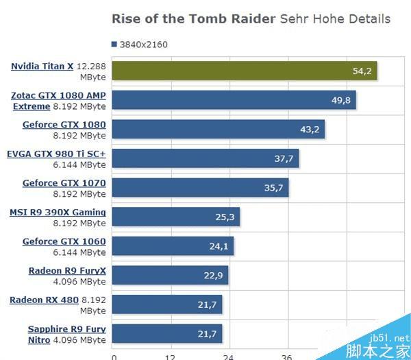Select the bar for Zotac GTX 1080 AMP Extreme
pos(234,101)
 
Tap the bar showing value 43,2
pos(218,130)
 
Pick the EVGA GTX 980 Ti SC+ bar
pos(205,158)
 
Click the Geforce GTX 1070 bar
pos(200,187)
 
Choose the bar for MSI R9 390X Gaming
pos(175,217)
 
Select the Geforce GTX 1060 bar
pos(173,246)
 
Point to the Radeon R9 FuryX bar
pos(170,276)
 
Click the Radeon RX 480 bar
pos(166,304)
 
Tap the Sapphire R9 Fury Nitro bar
pos(166,334)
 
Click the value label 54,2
pos(360,71)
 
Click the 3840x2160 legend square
pos(113,45)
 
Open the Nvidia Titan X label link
pos(42,66)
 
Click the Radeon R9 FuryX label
pos(67,270)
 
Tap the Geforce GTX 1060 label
pos(64,241)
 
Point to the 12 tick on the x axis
pos(170,357)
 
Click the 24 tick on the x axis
pos(228,357)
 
